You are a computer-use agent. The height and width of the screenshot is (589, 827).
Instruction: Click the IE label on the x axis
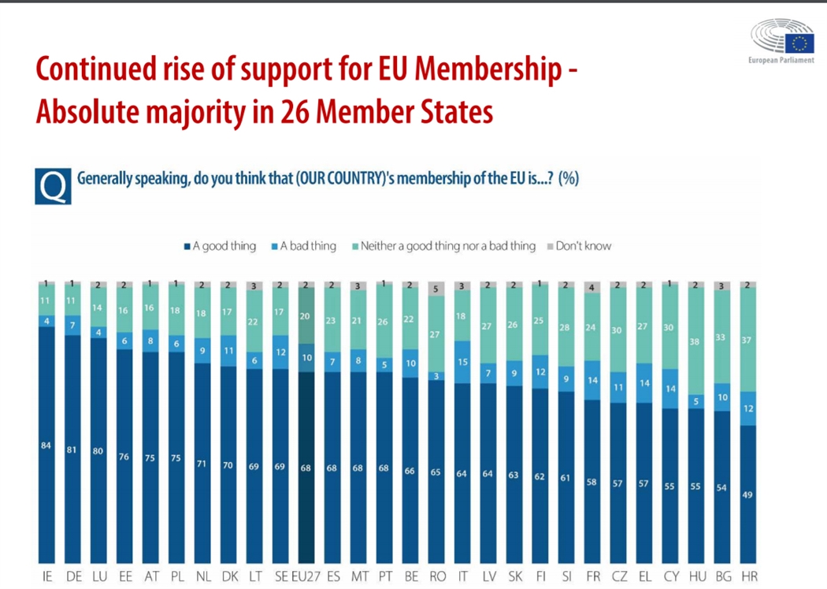(47, 577)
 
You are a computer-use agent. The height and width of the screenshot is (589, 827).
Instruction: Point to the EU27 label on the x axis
(306, 577)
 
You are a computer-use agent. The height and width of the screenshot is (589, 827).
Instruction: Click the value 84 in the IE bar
(46, 446)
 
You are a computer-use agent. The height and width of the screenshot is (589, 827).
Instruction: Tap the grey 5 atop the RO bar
(436, 289)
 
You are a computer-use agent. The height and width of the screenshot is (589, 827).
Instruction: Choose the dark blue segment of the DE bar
(72, 449)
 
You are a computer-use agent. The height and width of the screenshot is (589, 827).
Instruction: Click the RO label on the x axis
(436, 577)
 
